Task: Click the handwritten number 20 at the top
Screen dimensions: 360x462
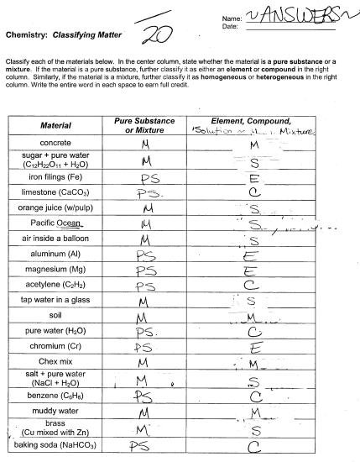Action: point(156,34)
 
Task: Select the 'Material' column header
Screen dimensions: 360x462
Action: point(55,126)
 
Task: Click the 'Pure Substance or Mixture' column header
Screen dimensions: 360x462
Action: point(144,126)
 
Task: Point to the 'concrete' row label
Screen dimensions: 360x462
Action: point(55,144)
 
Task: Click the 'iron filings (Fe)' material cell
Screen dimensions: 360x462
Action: point(55,178)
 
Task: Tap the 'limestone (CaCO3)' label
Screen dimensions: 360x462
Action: point(55,192)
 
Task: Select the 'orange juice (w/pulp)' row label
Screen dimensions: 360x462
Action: point(55,207)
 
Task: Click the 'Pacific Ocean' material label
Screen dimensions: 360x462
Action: point(55,223)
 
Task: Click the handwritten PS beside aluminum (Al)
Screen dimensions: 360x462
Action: point(148,255)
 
